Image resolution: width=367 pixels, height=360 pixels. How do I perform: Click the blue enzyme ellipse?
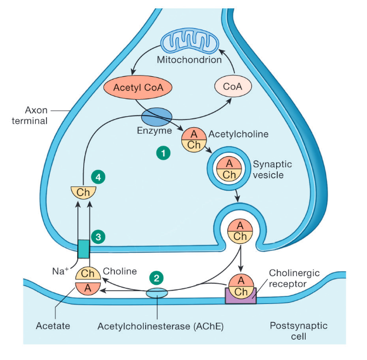(157, 116)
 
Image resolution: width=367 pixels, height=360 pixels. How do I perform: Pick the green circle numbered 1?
(162, 153)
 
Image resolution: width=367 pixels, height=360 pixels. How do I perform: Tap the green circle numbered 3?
(99, 237)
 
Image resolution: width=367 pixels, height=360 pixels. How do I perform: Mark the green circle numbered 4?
(98, 177)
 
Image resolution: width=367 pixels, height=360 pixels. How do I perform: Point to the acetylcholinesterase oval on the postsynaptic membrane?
(157, 294)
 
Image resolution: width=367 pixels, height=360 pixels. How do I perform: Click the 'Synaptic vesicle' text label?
(271, 169)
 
